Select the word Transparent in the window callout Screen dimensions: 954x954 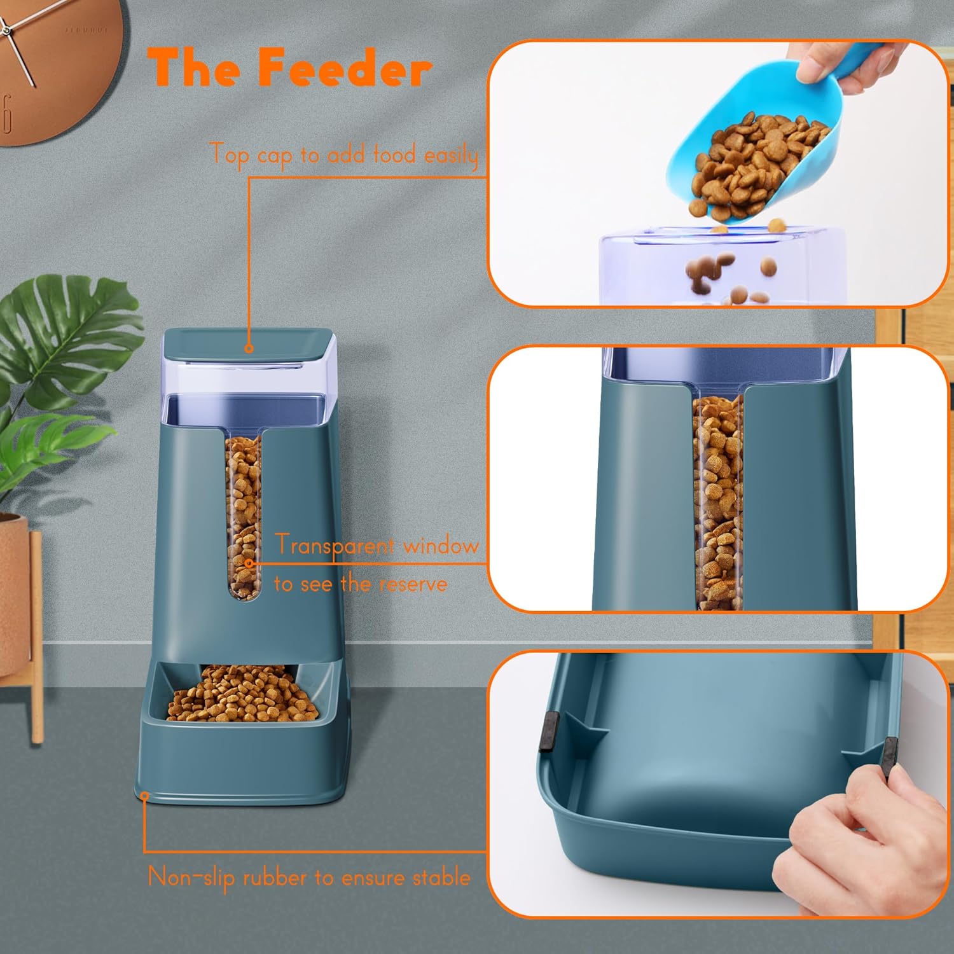(335, 546)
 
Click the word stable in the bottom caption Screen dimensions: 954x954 (442, 878)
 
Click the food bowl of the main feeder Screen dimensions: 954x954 (243, 693)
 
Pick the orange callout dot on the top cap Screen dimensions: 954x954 (249, 349)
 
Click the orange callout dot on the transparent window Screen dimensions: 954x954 (249, 563)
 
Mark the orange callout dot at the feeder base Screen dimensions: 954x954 (144, 796)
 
